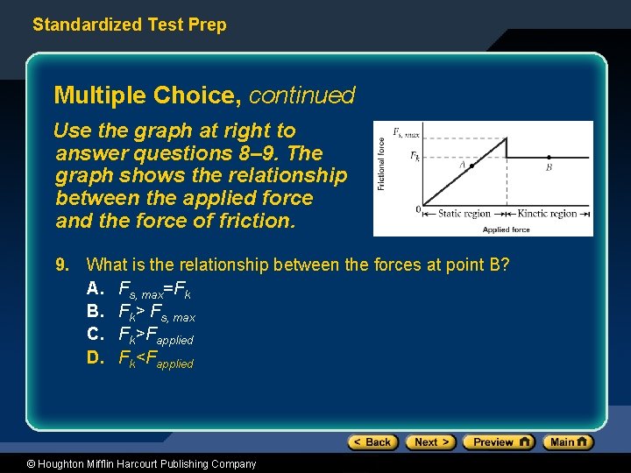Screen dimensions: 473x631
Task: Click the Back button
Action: click(373, 442)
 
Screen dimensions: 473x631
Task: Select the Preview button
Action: click(498, 442)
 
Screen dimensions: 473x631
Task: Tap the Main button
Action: click(568, 442)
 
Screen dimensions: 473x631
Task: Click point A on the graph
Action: click(472, 166)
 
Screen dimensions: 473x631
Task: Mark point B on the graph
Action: click(549, 158)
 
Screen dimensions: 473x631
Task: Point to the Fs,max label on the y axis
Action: click(406, 133)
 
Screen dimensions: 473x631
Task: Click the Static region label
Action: click(464, 213)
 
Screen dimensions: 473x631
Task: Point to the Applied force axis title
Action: click(506, 229)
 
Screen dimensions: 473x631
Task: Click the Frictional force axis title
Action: click(382, 165)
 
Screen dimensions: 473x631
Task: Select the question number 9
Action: click(61, 265)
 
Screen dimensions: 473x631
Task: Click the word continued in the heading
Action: click(302, 95)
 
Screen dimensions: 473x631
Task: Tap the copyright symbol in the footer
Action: click(32, 464)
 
